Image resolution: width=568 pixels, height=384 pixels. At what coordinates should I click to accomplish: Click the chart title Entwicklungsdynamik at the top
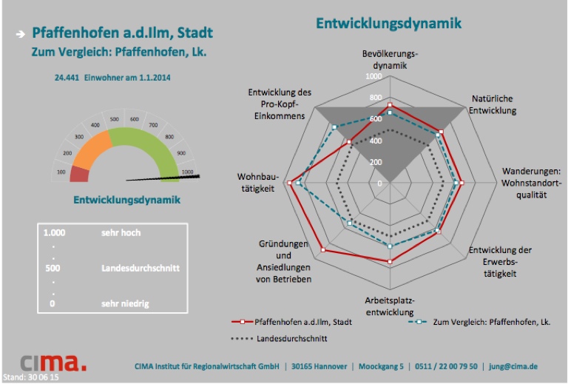(x=388, y=23)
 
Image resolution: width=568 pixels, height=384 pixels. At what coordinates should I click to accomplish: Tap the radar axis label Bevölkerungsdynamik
(x=390, y=59)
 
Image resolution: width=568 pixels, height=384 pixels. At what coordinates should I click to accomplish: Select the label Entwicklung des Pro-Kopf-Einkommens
(x=280, y=104)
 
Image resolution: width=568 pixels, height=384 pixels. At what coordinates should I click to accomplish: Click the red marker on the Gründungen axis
(x=323, y=251)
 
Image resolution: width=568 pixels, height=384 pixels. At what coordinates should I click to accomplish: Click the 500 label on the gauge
(x=114, y=118)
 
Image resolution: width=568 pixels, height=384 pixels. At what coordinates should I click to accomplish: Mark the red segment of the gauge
(x=79, y=175)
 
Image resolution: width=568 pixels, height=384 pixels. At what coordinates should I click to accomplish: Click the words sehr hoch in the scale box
(x=121, y=232)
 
